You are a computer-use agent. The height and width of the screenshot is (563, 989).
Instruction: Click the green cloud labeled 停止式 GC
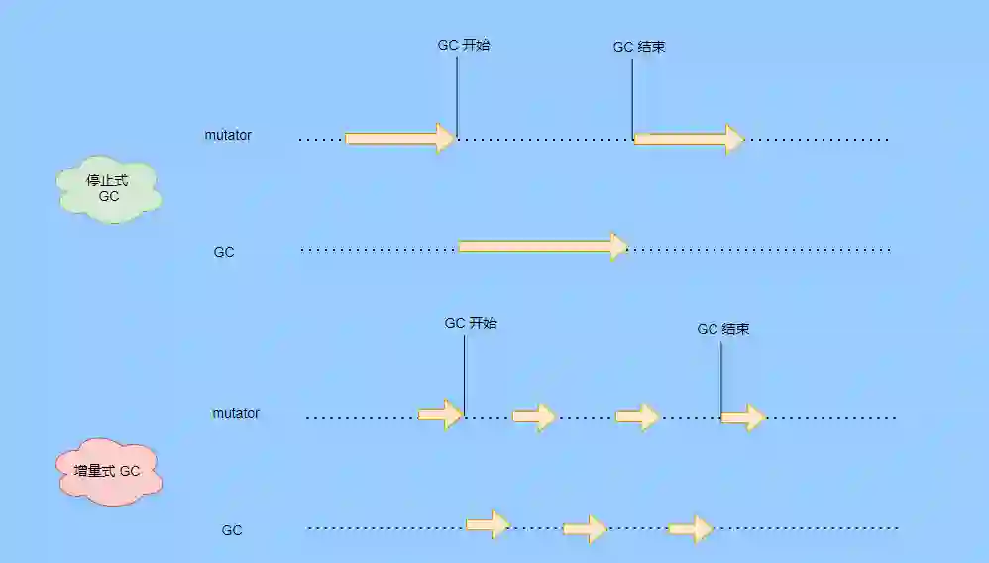pos(109,189)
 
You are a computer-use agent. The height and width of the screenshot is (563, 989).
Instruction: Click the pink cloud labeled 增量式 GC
pos(107,472)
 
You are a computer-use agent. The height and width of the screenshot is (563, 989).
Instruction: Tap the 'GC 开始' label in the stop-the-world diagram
pos(464,45)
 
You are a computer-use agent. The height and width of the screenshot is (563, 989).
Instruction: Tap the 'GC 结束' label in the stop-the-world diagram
pos(638,47)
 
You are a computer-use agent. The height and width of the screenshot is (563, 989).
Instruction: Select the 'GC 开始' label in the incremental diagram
pos(471,323)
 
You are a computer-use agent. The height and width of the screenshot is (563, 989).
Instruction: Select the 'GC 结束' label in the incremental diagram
pos(723,329)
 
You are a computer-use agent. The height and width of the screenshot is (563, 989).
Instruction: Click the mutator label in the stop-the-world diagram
pos(228,135)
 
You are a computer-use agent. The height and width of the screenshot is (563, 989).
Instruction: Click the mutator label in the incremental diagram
pos(236,412)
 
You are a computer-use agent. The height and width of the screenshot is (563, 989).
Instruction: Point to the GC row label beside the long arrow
pos(224,252)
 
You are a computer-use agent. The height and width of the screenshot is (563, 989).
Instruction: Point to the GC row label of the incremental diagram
pos(232,530)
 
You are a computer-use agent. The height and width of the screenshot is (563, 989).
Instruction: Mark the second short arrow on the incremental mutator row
pos(534,417)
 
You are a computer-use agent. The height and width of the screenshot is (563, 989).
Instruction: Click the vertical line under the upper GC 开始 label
pos(457,94)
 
